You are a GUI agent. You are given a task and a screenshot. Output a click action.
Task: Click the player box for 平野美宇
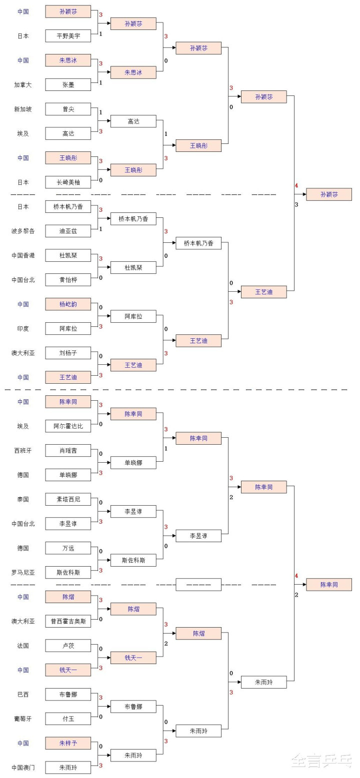pos(68,35)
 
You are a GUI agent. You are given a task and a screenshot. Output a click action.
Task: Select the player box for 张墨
pos(68,84)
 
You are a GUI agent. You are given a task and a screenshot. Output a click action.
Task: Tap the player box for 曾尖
pos(68,109)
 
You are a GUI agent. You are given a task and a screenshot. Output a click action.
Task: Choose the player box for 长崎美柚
pos(68,182)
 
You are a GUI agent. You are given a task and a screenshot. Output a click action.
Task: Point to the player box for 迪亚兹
pos(68,231)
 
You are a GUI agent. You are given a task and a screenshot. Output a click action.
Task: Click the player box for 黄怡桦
pos(68,280)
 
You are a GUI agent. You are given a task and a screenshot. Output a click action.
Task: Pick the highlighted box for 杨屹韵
pos(68,304)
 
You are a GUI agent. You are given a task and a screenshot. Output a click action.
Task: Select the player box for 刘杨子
pos(68,353)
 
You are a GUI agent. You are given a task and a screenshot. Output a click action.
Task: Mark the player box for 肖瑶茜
pos(68,451)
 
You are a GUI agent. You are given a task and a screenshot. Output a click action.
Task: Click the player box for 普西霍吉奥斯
pos(68,621)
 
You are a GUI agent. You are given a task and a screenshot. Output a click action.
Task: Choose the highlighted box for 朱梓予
pos(68,743)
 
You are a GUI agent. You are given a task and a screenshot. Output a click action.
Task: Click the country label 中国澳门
pos(23,768)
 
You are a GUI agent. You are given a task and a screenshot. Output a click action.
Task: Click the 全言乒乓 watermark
pos(322,761)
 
